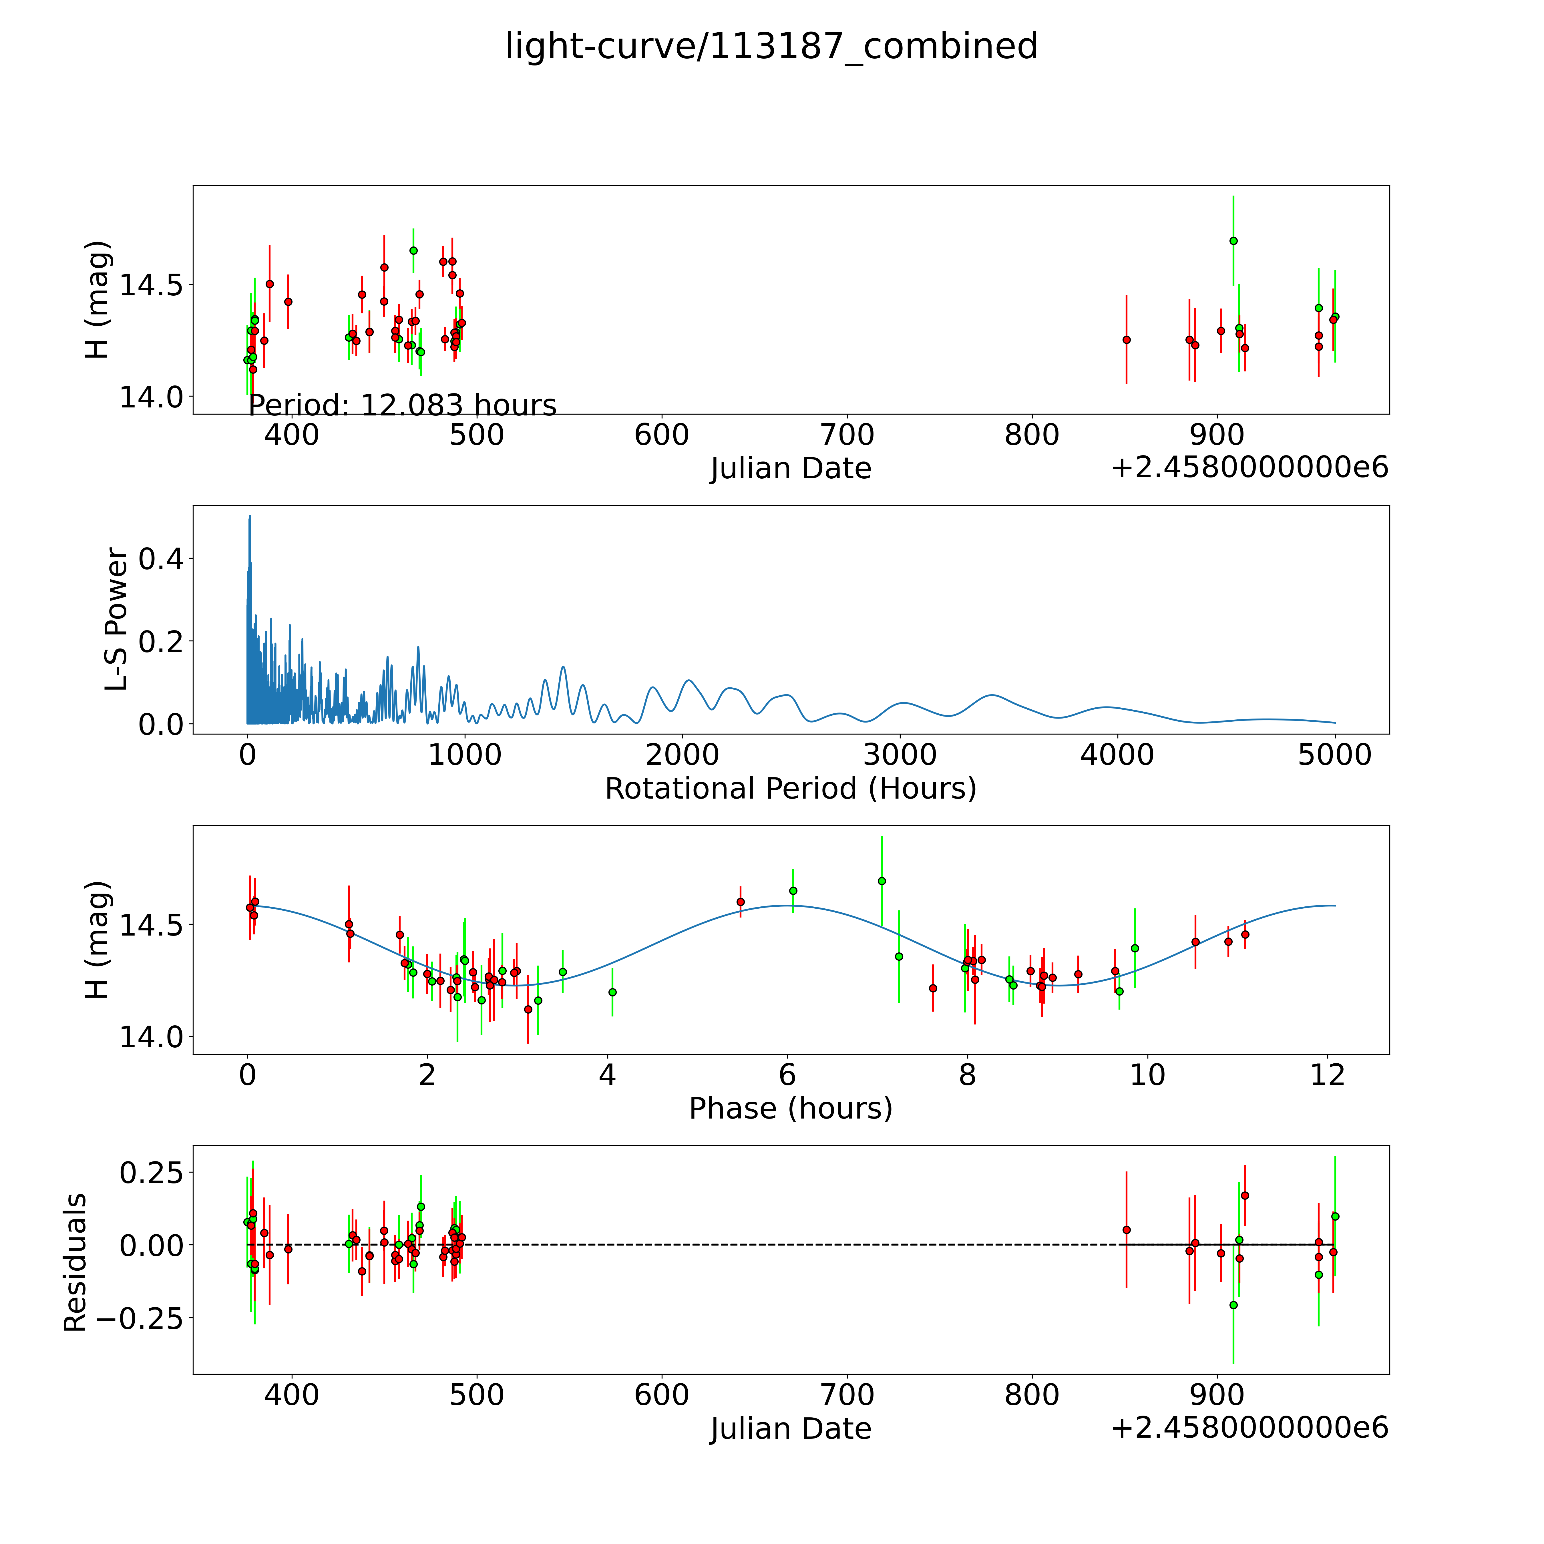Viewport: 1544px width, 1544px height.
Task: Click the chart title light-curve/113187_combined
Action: tap(771, 46)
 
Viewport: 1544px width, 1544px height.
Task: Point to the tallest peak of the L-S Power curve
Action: tap(249, 517)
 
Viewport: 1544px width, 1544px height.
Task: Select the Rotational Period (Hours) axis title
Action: tap(790, 789)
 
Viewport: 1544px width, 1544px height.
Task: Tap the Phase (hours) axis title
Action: tap(790, 1109)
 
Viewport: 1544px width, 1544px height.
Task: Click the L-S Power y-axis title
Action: tap(117, 619)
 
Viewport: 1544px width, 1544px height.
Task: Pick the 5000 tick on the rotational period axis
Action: tap(1334, 755)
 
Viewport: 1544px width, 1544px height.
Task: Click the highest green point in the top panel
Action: tap(1233, 240)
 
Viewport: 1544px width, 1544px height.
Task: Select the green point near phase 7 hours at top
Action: tap(882, 881)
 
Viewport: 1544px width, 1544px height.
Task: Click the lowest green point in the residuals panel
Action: tap(1233, 1305)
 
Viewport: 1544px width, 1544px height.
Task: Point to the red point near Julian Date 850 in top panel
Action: tap(1126, 340)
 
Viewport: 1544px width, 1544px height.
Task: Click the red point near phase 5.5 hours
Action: tap(740, 902)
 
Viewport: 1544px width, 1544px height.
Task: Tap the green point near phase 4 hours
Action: tap(612, 992)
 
